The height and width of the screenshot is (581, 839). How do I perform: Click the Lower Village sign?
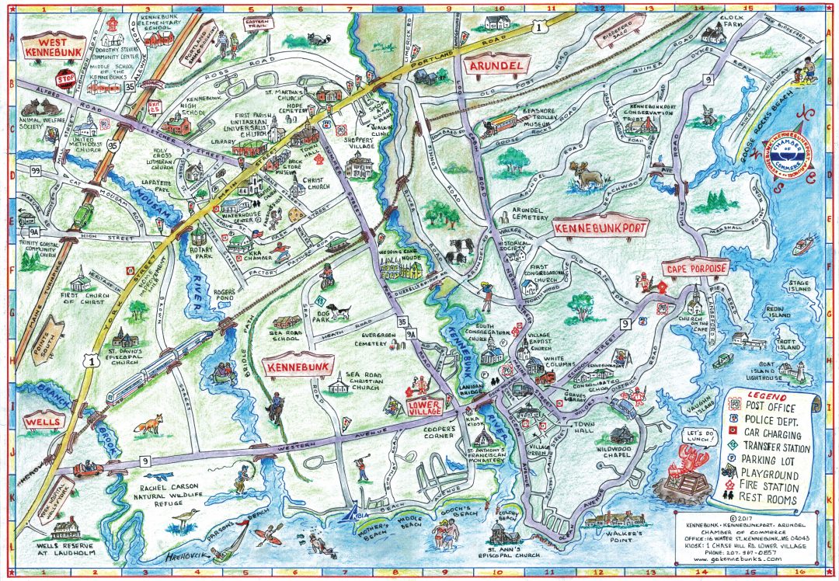(x=424, y=406)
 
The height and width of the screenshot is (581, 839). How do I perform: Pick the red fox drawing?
(x=150, y=424)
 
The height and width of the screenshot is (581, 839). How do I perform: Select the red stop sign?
(x=63, y=79)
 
